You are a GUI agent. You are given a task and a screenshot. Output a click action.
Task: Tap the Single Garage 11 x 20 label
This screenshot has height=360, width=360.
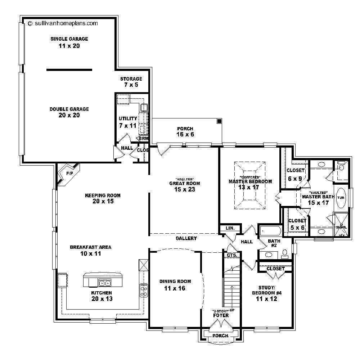pyautogui.click(x=69, y=42)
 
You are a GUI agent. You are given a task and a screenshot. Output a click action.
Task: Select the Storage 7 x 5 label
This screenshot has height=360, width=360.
pyautogui.click(x=131, y=82)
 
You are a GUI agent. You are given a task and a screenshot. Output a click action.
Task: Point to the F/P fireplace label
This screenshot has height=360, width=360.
pyautogui.click(x=69, y=174)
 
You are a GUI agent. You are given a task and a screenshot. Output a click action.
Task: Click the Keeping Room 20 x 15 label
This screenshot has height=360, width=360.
pyautogui.click(x=103, y=198)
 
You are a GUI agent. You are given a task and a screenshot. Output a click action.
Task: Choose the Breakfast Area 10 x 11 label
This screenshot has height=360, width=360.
pyautogui.click(x=90, y=250)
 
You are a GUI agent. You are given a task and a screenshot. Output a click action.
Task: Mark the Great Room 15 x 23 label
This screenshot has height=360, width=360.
pyautogui.click(x=184, y=186)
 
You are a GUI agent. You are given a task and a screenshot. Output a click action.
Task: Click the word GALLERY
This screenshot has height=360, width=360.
pyautogui.click(x=186, y=238)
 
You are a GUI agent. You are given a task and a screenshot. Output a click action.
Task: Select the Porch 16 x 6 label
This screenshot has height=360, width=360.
pyautogui.click(x=185, y=131)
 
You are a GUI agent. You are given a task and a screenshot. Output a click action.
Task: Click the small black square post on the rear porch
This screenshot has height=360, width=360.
pyautogui.click(x=219, y=121)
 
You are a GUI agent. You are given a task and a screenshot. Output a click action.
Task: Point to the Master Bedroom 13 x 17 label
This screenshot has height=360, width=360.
pyautogui.click(x=250, y=184)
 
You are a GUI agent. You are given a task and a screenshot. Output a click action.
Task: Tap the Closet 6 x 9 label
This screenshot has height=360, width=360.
pyautogui.click(x=295, y=174)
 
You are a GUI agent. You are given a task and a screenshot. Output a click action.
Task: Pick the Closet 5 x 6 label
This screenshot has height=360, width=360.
pyautogui.click(x=297, y=224)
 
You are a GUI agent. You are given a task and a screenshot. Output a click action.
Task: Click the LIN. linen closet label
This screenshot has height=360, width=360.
pyautogui.click(x=230, y=228)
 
